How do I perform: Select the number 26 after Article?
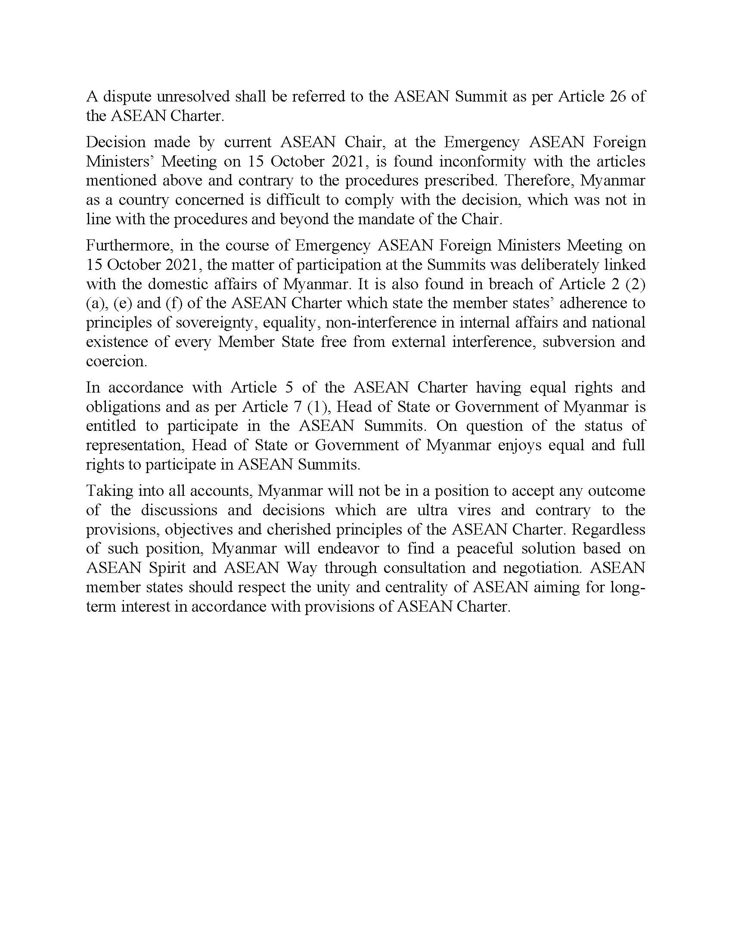coord(617,96)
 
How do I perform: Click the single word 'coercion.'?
coord(117,361)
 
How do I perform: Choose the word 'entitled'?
coord(111,426)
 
